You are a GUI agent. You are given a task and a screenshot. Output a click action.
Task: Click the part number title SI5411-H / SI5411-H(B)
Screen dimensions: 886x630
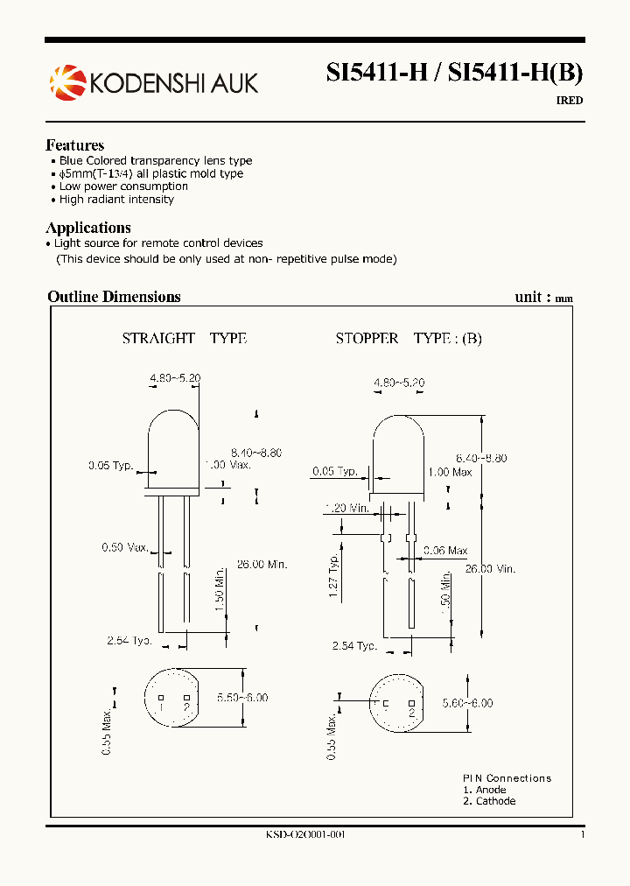click(x=454, y=74)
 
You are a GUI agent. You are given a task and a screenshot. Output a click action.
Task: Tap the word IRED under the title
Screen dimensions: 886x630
click(x=569, y=101)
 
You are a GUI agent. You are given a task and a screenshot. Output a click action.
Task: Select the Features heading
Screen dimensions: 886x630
click(x=74, y=145)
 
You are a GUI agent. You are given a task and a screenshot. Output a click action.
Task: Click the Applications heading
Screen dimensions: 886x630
click(x=87, y=228)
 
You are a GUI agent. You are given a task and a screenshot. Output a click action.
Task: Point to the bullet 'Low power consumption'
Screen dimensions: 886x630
click(x=123, y=186)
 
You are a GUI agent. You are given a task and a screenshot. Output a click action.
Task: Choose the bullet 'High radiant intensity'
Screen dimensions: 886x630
click(x=116, y=200)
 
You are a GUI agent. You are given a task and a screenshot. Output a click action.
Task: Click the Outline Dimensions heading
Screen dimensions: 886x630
click(x=114, y=297)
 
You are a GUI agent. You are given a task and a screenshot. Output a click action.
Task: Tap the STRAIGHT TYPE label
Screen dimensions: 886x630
click(x=184, y=339)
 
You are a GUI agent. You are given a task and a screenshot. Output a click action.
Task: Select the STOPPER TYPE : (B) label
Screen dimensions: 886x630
click(x=409, y=339)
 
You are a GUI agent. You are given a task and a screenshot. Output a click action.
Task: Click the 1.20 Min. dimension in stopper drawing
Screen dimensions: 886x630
click(x=347, y=508)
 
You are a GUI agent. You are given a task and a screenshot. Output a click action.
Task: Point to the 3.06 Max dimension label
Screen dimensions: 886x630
click(x=445, y=551)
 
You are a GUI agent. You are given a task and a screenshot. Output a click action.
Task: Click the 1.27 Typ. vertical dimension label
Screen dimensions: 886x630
click(x=334, y=576)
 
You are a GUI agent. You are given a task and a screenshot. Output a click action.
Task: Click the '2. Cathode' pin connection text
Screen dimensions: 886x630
click(x=489, y=801)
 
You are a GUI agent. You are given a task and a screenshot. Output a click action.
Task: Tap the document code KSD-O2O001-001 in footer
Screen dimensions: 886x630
click(x=305, y=835)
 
